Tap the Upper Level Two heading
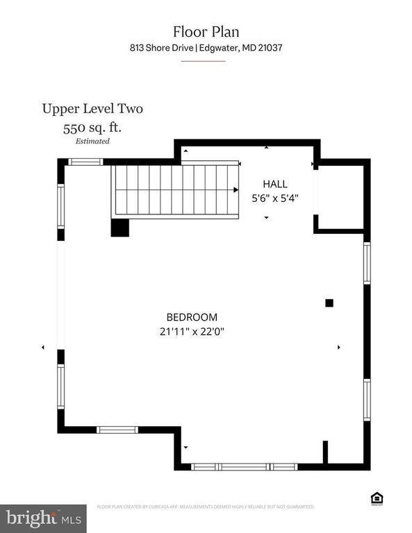tap(92, 108)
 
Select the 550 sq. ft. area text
tap(92, 128)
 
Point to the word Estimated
tap(92, 141)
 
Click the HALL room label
tap(274, 184)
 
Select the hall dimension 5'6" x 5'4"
tap(274, 197)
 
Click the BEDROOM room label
tap(191, 316)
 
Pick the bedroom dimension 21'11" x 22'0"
tap(191, 331)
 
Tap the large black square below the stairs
tap(120, 228)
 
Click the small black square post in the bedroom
tap(329, 303)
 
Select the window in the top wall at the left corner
tap(85, 162)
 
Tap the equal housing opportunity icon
tap(377, 498)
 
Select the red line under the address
tap(203, 61)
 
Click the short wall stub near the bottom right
tap(324, 452)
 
